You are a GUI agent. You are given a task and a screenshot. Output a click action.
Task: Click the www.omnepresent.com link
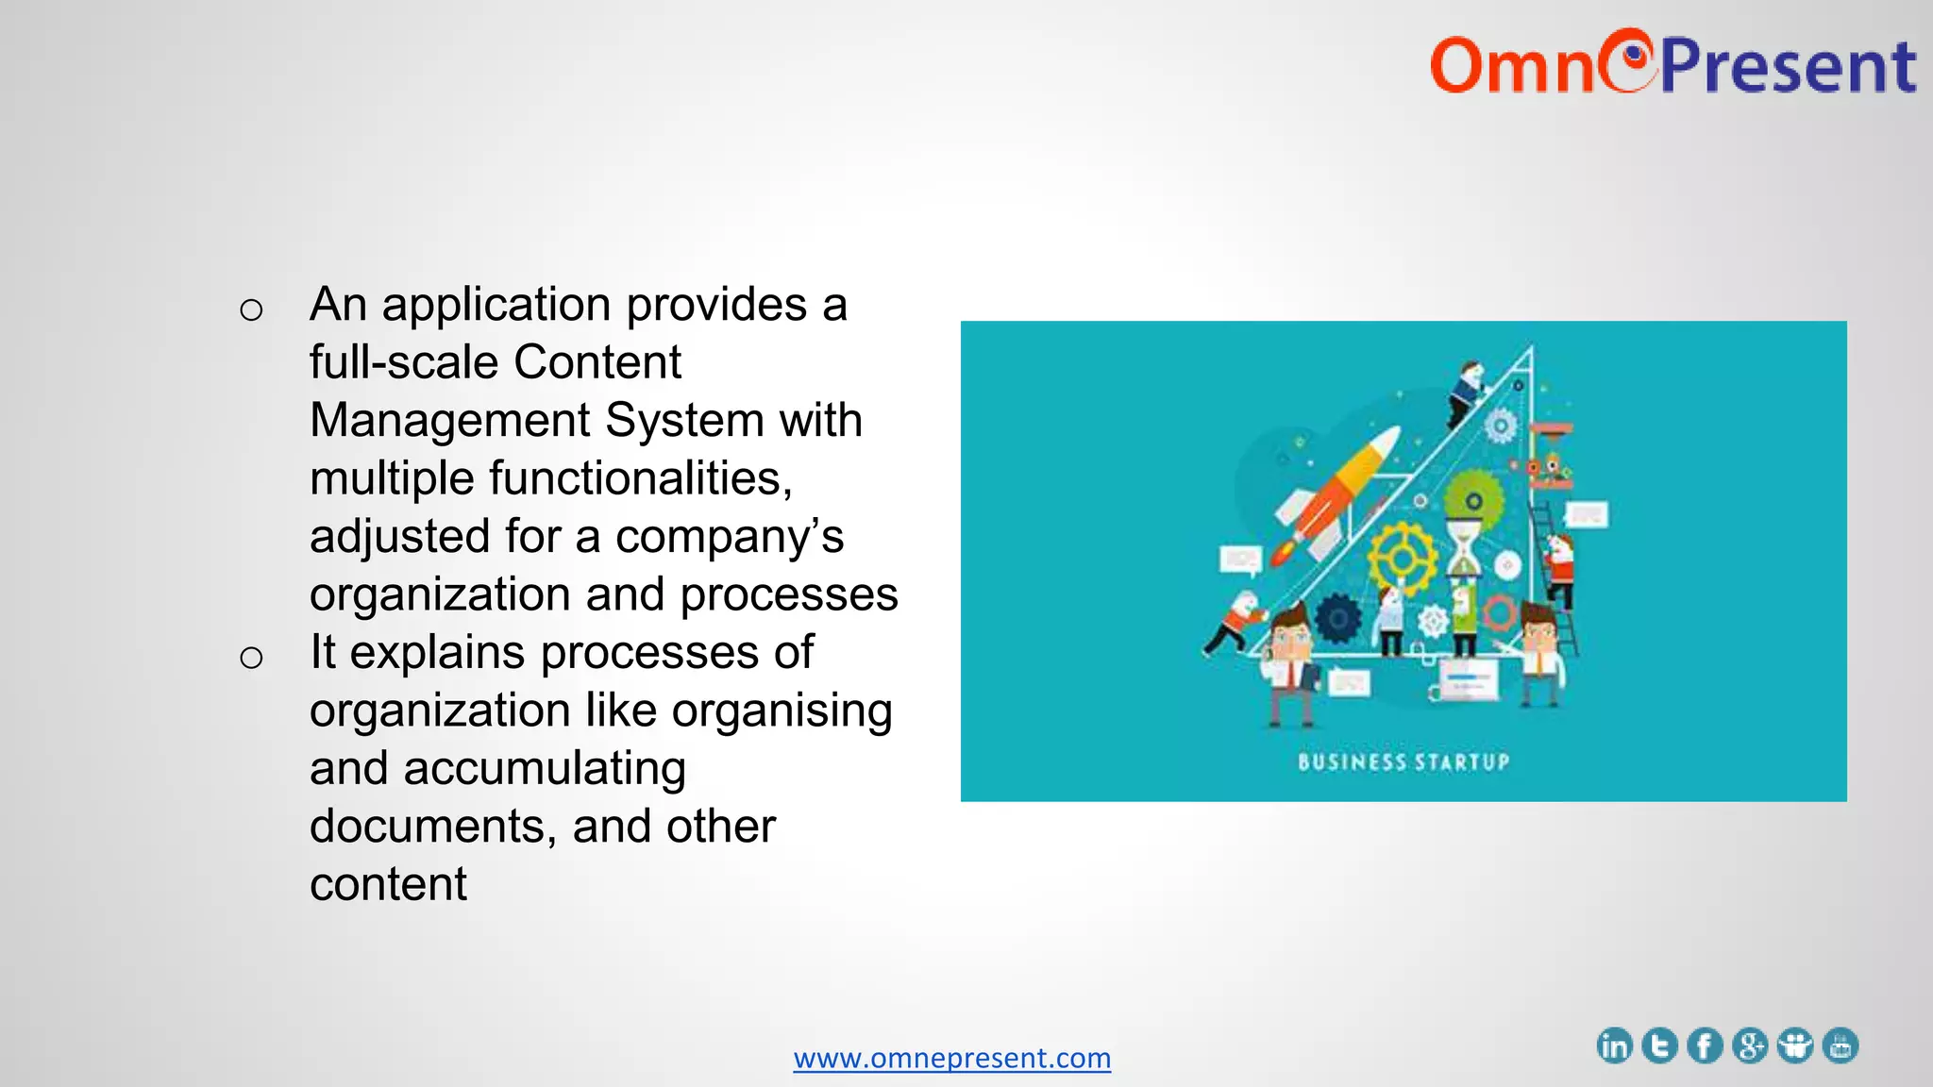(x=951, y=1058)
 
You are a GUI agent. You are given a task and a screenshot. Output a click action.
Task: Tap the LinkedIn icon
(x=1614, y=1045)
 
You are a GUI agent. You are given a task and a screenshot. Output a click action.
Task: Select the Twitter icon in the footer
(x=1659, y=1045)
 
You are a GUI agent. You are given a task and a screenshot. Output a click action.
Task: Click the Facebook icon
(x=1705, y=1045)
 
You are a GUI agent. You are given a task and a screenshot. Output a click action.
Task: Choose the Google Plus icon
(x=1750, y=1045)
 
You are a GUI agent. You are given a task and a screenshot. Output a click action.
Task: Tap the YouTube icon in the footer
(x=1841, y=1045)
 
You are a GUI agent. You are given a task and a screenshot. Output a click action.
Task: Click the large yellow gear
(x=1403, y=559)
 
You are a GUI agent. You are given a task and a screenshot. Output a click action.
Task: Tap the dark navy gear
(x=1338, y=619)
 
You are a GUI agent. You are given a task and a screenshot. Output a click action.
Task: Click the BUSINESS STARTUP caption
(x=1404, y=761)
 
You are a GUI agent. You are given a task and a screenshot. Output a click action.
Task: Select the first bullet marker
(x=251, y=309)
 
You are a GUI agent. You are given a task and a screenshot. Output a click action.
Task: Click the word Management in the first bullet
(x=450, y=420)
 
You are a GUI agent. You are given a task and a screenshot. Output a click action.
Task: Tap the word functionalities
(x=640, y=477)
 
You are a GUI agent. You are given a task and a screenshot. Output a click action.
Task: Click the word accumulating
(x=545, y=768)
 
